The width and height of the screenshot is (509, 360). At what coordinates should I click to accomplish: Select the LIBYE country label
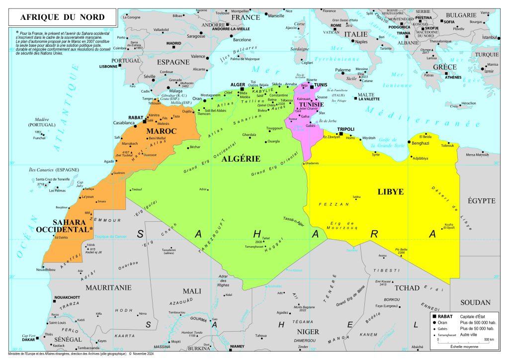tap(390, 191)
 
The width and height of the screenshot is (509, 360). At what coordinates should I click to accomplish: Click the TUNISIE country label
tap(311, 105)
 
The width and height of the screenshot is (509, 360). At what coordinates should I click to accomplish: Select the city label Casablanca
tap(124, 122)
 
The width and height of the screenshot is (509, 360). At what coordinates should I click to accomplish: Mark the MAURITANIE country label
tap(108, 287)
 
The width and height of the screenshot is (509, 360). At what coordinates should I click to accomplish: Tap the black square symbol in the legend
tap(434, 317)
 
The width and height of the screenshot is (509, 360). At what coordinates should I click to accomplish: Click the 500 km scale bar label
tap(489, 340)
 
